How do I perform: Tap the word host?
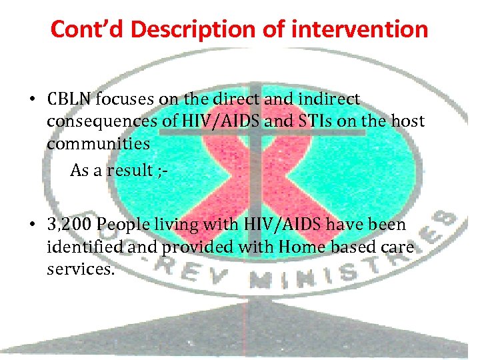click(409, 122)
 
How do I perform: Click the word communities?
click(98, 144)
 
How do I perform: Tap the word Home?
click(302, 247)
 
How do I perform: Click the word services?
click(77, 269)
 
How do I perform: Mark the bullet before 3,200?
click(31, 226)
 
